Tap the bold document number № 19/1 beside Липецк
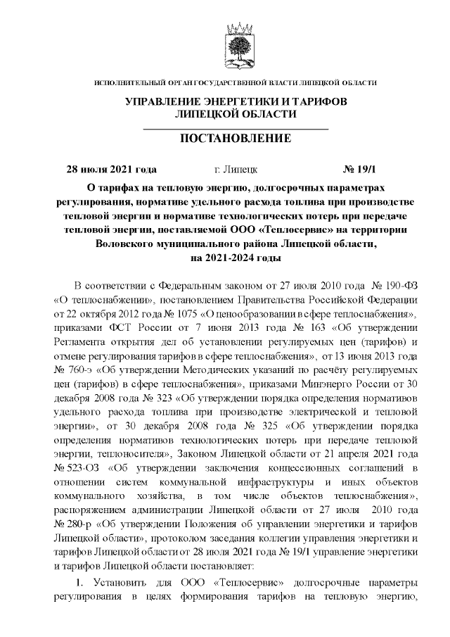point(359,170)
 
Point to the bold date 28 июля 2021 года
point(110,170)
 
